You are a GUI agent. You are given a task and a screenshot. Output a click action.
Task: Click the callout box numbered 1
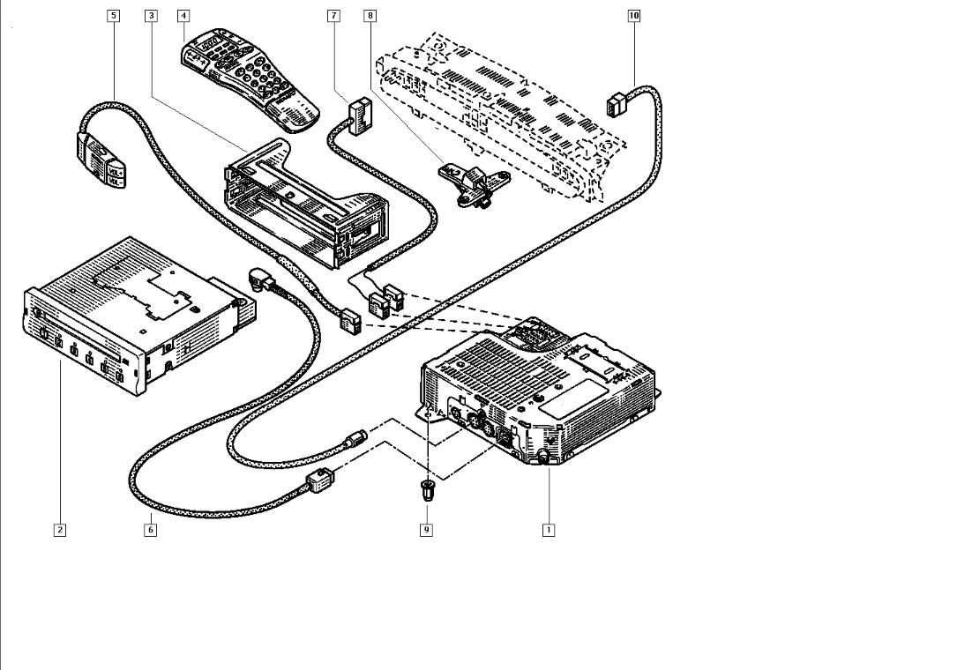click(549, 530)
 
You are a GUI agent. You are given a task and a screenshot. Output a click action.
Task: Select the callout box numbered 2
click(59, 530)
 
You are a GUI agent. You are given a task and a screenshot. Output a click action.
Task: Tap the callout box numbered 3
click(152, 16)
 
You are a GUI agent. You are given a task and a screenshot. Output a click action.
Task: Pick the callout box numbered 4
click(183, 16)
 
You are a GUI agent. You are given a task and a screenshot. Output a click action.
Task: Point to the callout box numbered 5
click(113, 16)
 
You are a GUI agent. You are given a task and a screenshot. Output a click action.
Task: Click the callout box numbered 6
click(151, 530)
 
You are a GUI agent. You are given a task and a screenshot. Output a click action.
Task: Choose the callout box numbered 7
click(333, 16)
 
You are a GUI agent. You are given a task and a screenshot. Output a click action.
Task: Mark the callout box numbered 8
click(369, 16)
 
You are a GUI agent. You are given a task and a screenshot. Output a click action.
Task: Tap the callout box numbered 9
click(426, 530)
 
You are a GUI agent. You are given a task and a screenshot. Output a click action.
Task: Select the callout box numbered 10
click(634, 16)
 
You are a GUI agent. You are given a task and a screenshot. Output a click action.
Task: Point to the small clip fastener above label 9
click(428, 491)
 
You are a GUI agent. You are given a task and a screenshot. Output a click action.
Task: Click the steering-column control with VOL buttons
click(102, 159)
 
